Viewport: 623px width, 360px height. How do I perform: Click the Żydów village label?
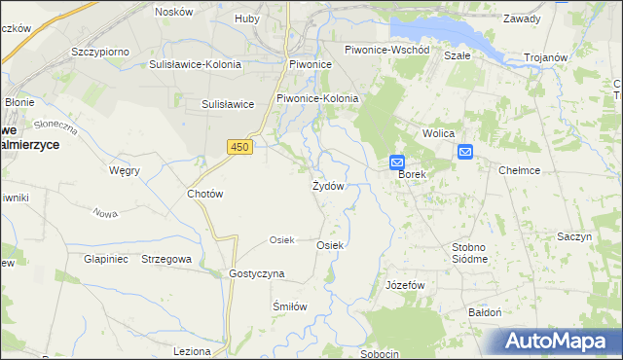(x=327, y=186)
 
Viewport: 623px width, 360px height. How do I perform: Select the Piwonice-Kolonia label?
(x=317, y=98)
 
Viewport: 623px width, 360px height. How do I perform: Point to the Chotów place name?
(x=205, y=194)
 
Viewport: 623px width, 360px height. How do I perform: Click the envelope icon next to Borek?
(x=397, y=162)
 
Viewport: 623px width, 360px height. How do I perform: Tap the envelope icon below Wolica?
(x=465, y=151)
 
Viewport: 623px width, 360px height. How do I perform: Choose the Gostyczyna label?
(x=256, y=273)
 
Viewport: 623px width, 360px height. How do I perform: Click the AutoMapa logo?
(x=555, y=341)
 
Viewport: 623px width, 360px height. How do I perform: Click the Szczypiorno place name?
(x=101, y=50)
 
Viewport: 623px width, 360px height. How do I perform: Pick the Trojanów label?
(x=545, y=57)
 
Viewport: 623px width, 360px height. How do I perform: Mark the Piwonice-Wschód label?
(x=387, y=49)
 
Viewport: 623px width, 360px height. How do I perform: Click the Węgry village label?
(x=125, y=170)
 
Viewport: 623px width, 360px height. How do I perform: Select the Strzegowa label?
(x=166, y=260)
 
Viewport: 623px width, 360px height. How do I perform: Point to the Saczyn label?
(x=574, y=237)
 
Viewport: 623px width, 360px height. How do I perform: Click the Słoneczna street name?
(x=55, y=126)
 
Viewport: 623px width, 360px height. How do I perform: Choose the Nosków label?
(x=174, y=12)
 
